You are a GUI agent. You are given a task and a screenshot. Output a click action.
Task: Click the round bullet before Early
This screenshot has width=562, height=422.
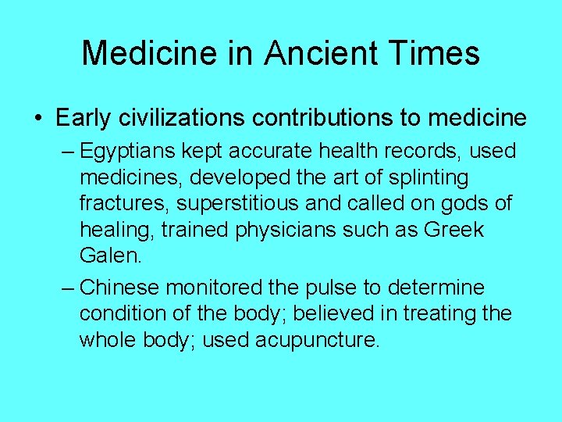38,119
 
